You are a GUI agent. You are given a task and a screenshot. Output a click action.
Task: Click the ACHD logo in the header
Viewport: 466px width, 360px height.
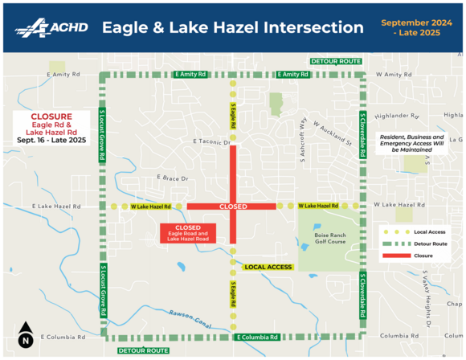coord(49,27)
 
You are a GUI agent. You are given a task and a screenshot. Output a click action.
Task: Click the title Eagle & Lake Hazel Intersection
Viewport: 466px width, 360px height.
coord(232,27)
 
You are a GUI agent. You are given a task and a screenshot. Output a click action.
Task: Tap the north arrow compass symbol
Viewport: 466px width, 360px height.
coord(25,334)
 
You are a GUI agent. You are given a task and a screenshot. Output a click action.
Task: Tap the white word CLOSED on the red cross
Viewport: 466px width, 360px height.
coord(232,207)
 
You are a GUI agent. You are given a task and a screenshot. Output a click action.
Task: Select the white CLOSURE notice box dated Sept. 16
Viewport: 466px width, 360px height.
coord(50,128)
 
